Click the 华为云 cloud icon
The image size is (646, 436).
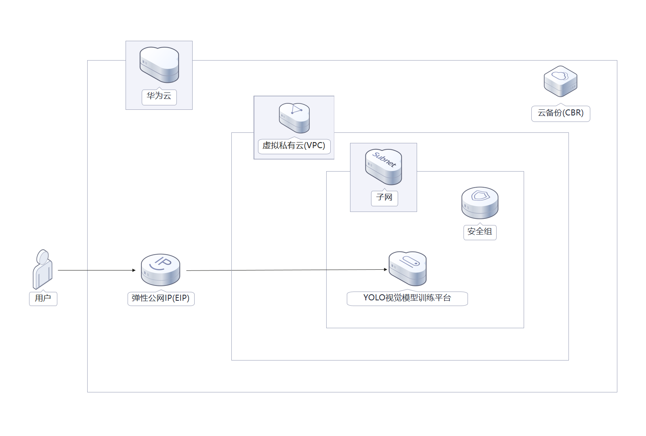(x=159, y=65)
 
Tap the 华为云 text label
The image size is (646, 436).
(x=159, y=96)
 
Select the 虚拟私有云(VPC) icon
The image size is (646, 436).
(x=294, y=117)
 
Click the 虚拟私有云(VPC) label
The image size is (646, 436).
(x=294, y=146)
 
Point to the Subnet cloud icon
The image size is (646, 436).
(x=383, y=167)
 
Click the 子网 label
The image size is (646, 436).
(x=384, y=197)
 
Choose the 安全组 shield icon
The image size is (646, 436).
(x=480, y=202)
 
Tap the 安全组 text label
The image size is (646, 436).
(x=480, y=232)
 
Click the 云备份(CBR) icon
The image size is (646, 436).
(x=560, y=81)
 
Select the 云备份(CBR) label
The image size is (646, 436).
(x=560, y=113)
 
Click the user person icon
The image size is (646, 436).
(x=42, y=269)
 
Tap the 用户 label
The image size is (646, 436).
(x=43, y=298)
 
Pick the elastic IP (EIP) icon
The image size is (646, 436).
(x=160, y=269)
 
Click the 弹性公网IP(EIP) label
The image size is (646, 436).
(x=161, y=298)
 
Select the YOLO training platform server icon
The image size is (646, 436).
(x=407, y=268)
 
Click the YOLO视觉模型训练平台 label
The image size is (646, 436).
(x=407, y=298)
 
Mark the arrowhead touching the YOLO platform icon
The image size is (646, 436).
(x=386, y=269)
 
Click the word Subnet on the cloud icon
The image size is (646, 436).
(x=384, y=159)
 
